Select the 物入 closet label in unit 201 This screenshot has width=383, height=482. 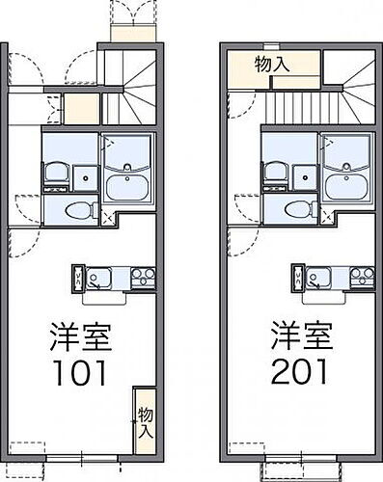273,64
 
